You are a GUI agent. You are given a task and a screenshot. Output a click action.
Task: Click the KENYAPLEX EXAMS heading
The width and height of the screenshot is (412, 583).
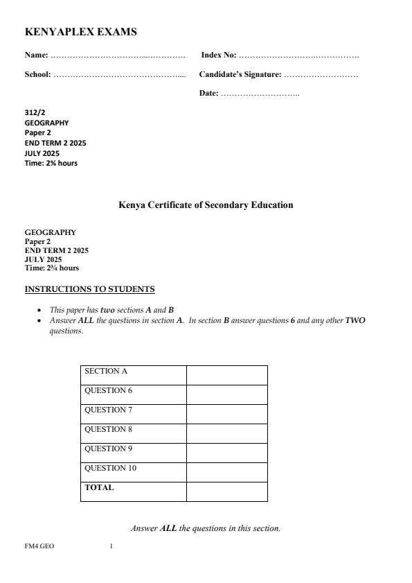pos(81,32)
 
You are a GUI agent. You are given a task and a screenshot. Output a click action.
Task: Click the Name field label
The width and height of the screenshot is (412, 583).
pos(36,54)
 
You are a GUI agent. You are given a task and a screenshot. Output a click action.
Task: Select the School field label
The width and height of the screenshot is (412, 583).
pos(38,73)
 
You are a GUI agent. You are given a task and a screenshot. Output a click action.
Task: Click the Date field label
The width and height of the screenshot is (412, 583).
pos(209,93)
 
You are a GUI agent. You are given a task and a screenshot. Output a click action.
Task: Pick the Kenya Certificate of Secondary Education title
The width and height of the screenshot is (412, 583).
pos(206,205)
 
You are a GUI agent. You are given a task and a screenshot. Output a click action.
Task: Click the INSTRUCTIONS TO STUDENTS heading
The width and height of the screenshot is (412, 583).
pos(89,288)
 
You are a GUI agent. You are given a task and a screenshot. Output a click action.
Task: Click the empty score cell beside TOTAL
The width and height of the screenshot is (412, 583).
pos(226,491)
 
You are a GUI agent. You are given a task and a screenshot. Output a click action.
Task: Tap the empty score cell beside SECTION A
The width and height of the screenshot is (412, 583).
pos(226,375)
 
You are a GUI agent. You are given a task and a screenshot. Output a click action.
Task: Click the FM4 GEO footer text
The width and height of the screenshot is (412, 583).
pos(39,546)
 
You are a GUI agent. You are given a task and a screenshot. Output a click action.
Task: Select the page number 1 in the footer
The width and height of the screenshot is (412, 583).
pos(111,546)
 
